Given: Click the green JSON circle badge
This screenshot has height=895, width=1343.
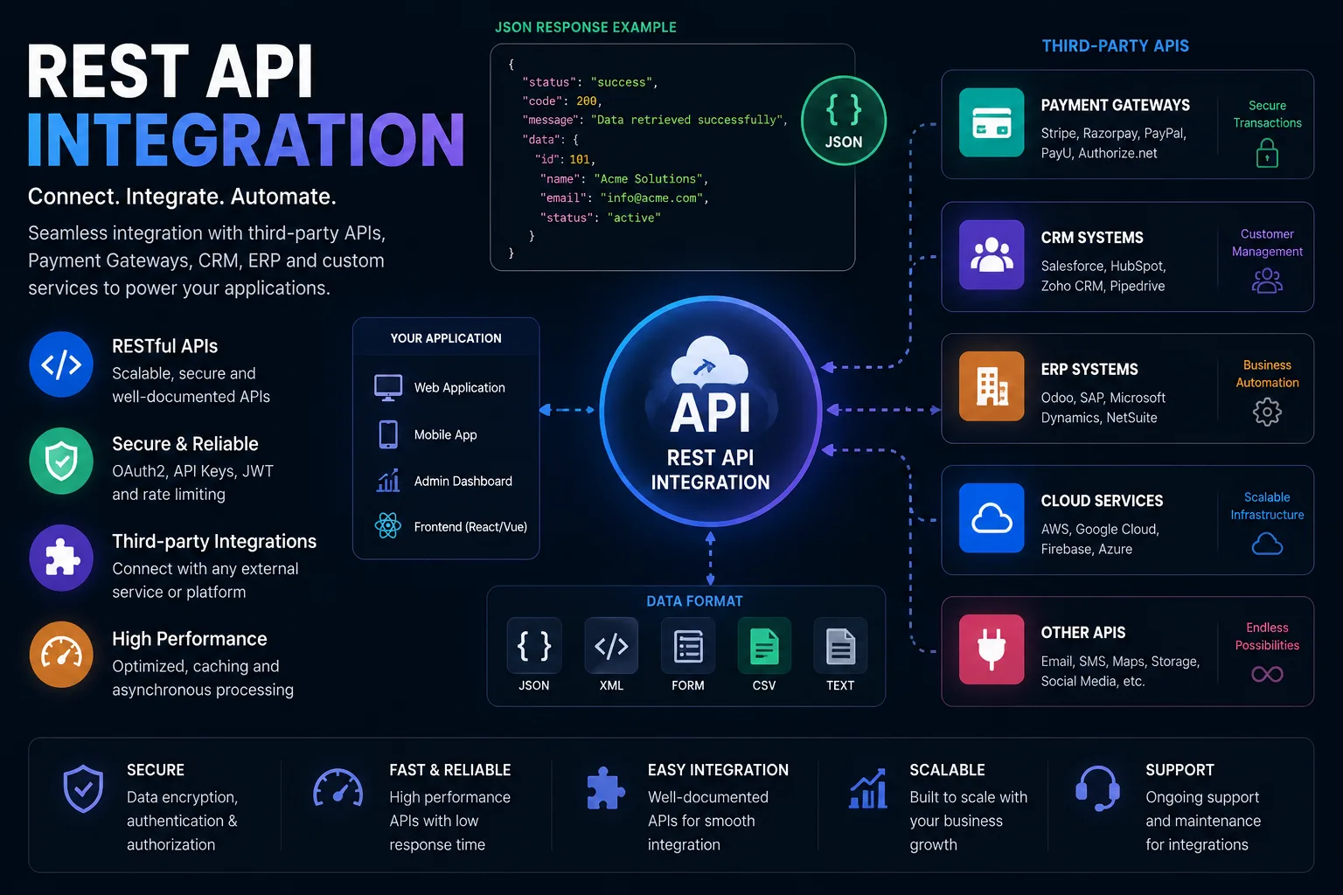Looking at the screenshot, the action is pos(844,121).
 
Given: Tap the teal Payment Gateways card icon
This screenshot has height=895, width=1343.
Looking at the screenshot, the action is pos(992,122).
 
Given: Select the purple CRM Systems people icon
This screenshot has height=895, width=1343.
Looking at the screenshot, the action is pos(992,254).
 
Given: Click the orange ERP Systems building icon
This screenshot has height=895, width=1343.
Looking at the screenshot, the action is pos(992,386).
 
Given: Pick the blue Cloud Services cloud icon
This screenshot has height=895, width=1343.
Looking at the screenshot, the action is pos(992,518).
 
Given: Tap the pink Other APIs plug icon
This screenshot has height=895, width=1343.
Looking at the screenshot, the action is pos(992,649).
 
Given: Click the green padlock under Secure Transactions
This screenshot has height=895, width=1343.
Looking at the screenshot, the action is pos(1267,153).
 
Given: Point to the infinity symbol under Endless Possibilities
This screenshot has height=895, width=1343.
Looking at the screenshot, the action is pos(1267,675).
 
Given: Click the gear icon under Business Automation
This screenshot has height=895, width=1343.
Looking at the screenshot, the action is pos(1267,412).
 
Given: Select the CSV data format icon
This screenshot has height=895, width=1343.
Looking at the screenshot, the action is pos(764,646).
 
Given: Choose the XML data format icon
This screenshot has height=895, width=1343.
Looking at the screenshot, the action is pos(611,646).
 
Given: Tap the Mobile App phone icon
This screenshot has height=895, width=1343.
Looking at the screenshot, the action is pos(388,434).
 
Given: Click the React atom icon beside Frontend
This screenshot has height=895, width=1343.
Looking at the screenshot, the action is pos(388,526).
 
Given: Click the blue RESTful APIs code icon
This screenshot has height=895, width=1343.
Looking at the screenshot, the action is pos(61,364).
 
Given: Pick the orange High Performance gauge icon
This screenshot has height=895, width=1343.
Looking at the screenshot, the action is pos(61,654).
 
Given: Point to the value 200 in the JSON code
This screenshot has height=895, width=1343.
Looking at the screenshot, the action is pos(587,101).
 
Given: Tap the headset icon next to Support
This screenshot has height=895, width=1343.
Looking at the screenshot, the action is pos(1097,788).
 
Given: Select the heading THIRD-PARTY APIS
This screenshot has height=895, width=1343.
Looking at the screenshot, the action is pos(1115,46).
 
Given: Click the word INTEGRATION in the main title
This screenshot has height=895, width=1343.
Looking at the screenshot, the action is pos(246,140).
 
